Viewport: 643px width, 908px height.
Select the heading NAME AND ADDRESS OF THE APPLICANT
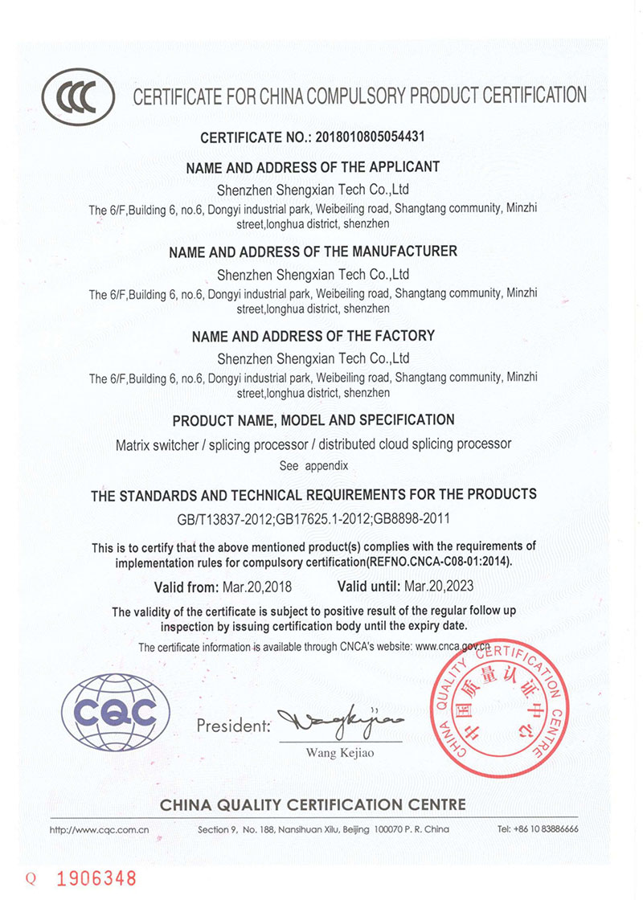(x=313, y=168)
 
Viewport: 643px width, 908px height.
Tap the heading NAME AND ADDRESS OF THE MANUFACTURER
(x=313, y=252)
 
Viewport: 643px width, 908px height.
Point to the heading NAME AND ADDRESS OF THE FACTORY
(x=313, y=336)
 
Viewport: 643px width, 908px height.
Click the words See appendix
(x=313, y=465)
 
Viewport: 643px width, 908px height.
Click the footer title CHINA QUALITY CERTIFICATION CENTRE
(x=313, y=804)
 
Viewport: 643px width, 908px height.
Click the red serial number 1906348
(x=96, y=879)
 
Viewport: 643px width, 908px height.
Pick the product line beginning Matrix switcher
(x=313, y=444)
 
